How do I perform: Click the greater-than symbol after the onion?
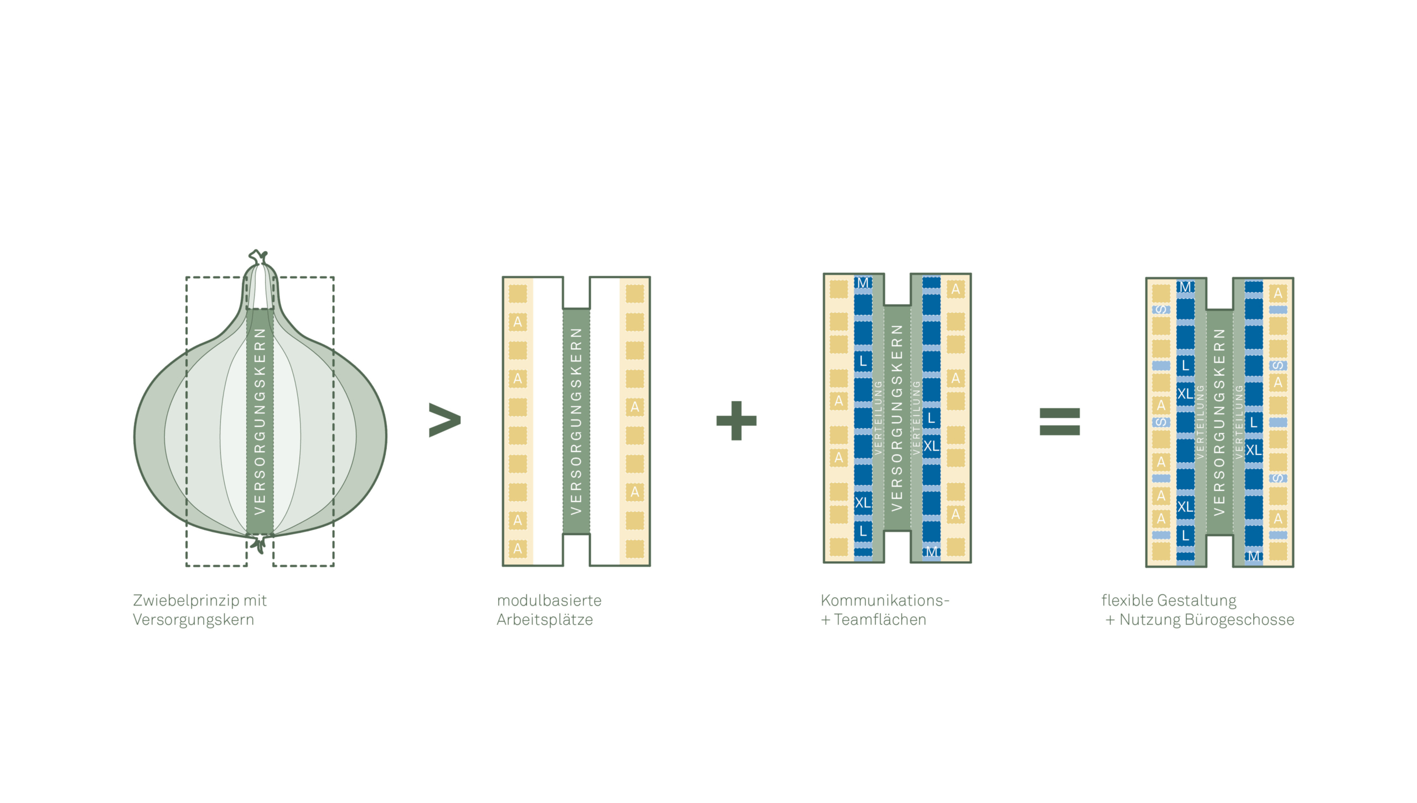[x=444, y=420]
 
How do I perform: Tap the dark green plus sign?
[x=736, y=421]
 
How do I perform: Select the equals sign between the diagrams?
[x=1059, y=422]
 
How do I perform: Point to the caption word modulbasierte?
[x=549, y=600]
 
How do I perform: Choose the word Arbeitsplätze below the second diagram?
[x=545, y=620]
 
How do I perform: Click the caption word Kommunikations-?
[x=885, y=600]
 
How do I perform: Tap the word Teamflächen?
[x=880, y=620]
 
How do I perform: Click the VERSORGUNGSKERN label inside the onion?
[x=260, y=421]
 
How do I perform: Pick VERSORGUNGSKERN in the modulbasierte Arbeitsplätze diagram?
[x=576, y=421]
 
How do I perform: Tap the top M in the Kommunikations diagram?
[x=862, y=283]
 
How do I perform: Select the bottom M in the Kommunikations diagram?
[x=932, y=552]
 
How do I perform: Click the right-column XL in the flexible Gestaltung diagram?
[x=1254, y=450]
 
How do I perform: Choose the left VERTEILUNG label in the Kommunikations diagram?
[x=878, y=418]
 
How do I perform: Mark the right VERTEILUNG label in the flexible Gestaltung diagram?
[x=1239, y=422]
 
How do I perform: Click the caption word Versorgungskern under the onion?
[x=193, y=620]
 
